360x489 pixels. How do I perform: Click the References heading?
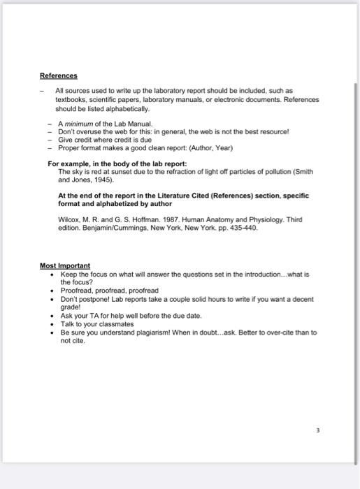(59, 75)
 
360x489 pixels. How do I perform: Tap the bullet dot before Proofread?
(53, 290)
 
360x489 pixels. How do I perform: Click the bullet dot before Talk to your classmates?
(53, 324)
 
